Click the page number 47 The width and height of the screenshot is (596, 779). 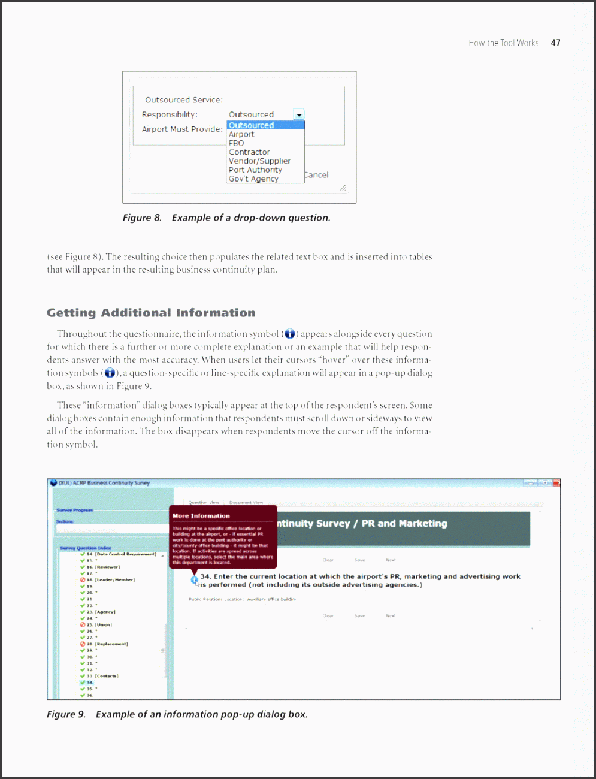[556, 43]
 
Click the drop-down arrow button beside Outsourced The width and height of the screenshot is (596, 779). [299, 114]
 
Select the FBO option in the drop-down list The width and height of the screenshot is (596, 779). [237, 143]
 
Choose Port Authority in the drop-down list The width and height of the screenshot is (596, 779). [255, 170]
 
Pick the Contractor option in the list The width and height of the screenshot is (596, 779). [249, 152]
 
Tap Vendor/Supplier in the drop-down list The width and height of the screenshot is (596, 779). [259, 161]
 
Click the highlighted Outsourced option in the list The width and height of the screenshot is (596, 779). [252, 125]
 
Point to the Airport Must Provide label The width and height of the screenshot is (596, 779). [182, 129]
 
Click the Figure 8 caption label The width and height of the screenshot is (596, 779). [142, 218]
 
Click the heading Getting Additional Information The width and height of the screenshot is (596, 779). [151, 313]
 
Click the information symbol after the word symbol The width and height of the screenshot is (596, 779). [290, 334]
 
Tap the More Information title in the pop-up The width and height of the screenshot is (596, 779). [201, 515]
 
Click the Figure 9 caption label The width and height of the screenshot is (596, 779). [66, 714]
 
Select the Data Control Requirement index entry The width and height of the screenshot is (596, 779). [125, 554]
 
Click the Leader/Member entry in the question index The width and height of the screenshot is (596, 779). [114, 579]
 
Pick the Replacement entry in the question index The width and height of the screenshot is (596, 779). [111, 644]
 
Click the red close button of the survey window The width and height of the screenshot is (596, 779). [556, 483]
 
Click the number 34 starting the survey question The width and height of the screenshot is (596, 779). [205, 576]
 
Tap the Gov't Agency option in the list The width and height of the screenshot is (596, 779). [253, 179]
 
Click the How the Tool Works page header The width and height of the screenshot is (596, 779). [503, 43]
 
